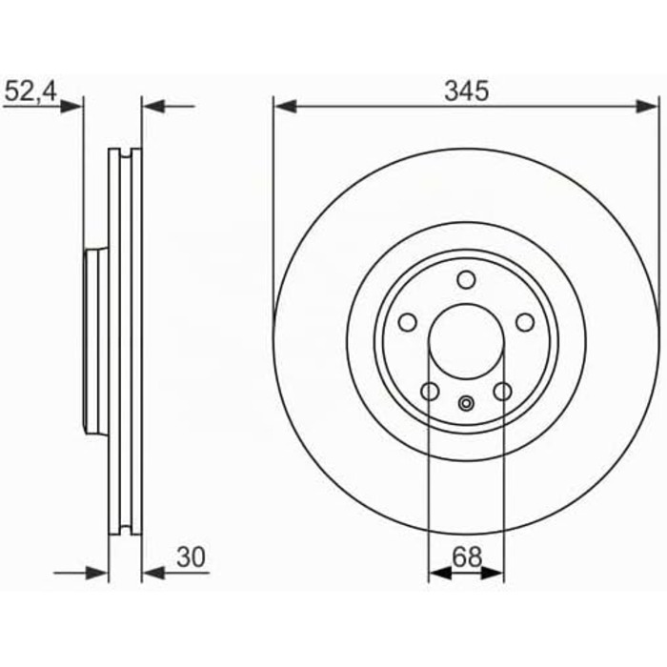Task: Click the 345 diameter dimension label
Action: (x=466, y=91)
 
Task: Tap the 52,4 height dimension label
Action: (x=30, y=91)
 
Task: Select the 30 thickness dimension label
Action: (x=191, y=556)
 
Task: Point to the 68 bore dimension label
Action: (x=467, y=556)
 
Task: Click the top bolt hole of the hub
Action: (x=466, y=280)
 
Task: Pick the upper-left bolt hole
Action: (x=408, y=322)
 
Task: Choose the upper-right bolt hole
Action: (x=525, y=322)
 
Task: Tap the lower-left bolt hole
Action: (x=430, y=392)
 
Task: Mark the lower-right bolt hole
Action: (x=503, y=392)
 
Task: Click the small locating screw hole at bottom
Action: (x=466, y=403)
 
